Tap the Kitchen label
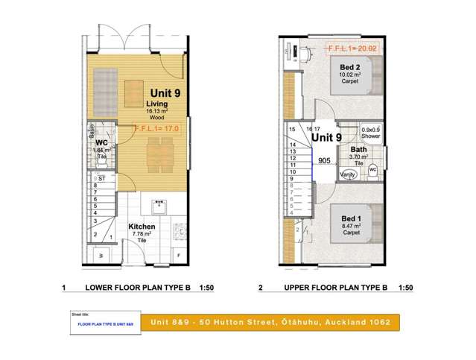[142, 227]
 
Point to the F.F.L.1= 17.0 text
[157, 128]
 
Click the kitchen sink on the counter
[158, 203]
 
